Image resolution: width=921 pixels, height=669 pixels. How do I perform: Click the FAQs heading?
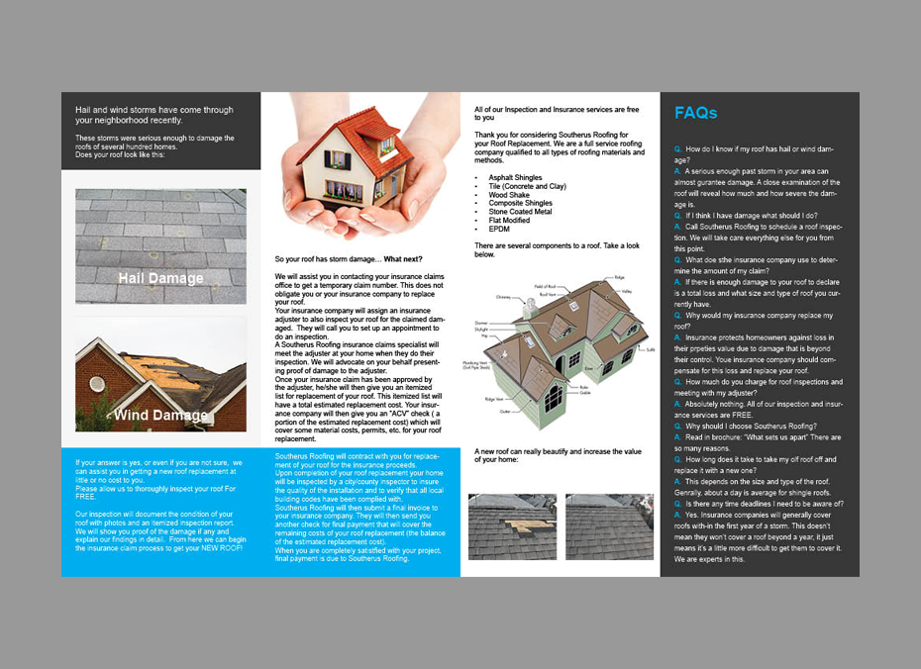695,113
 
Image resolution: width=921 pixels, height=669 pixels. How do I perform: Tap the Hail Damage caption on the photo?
160,278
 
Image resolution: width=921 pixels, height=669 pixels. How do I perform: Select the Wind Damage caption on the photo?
160,415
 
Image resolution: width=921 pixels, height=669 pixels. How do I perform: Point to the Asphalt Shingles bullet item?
515,178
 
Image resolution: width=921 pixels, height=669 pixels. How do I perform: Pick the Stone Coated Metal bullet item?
521,211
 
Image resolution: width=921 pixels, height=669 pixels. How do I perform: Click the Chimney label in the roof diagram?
503,296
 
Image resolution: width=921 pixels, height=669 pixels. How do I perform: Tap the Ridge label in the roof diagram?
620,278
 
